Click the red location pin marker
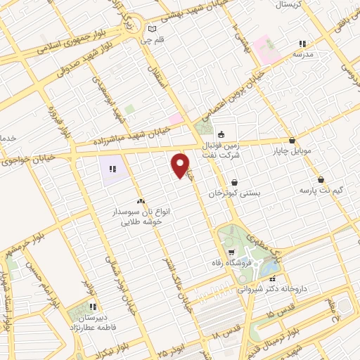click(x=181, y=165)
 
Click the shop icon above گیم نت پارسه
click(x=321, y=179)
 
